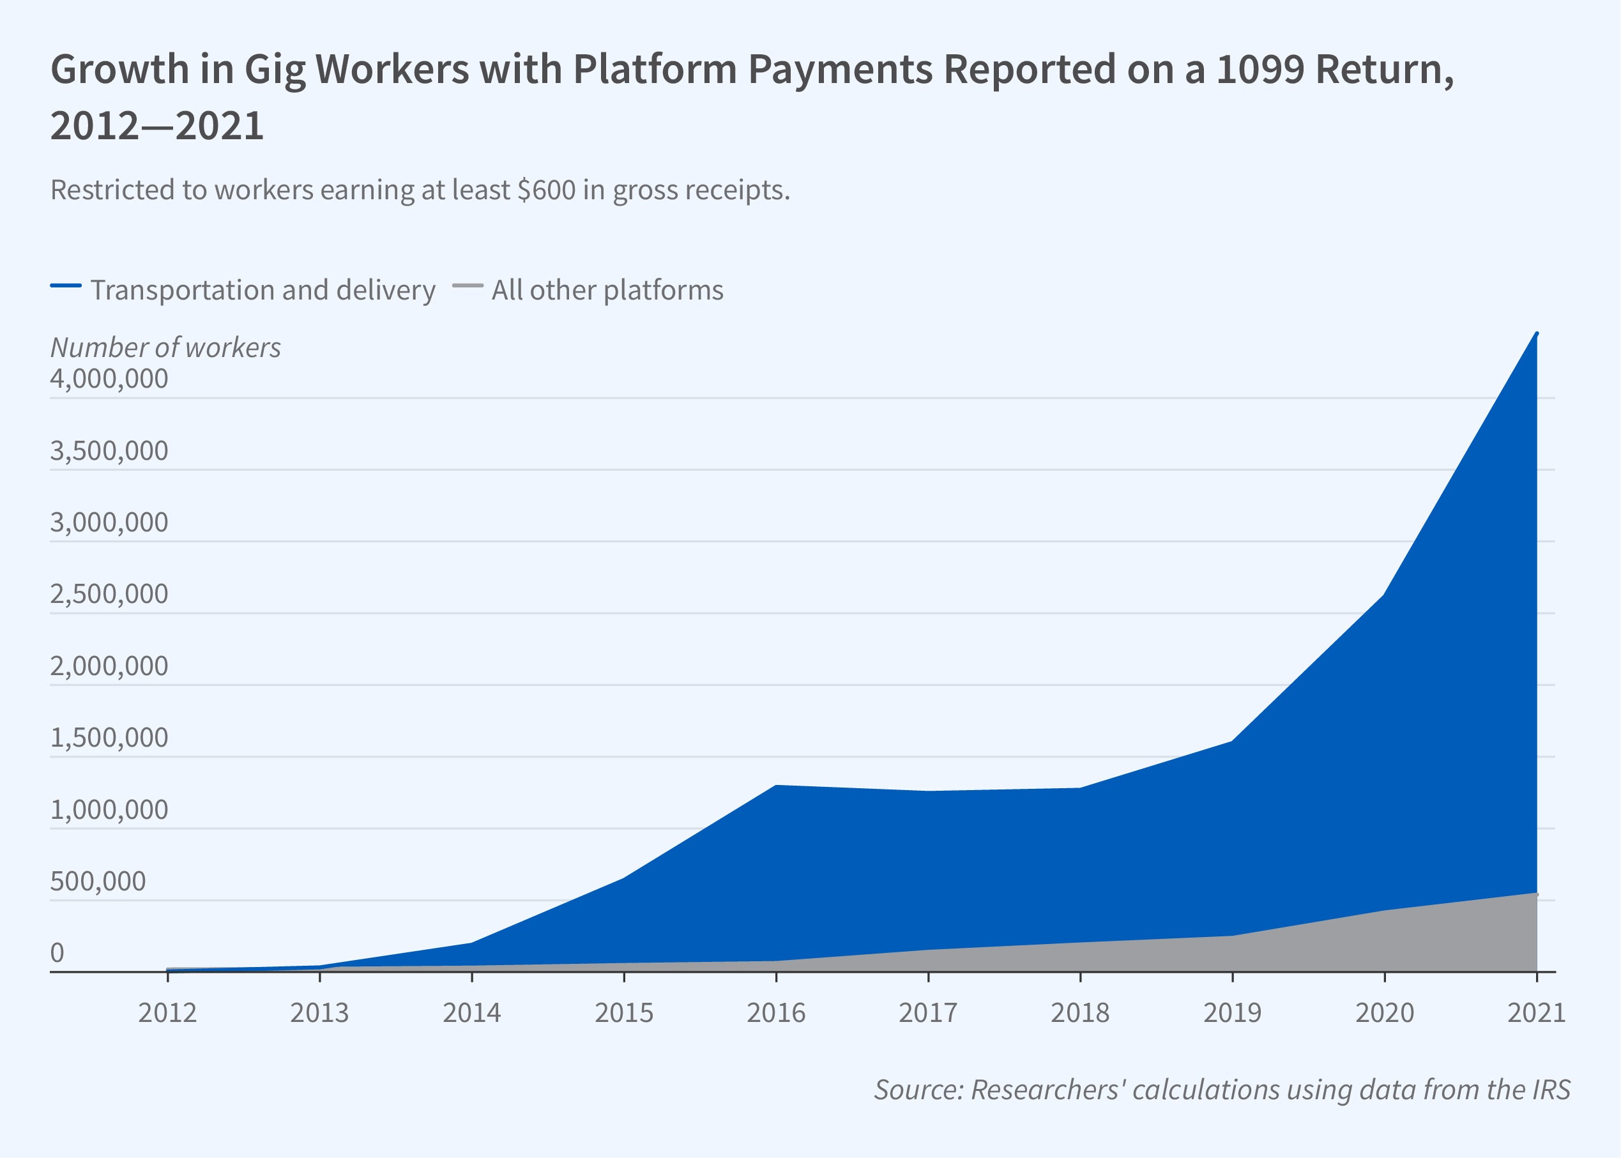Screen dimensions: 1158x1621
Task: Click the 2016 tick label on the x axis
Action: [x=775, y=1013]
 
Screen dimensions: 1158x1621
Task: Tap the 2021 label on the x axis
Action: [x=1536, y=1013]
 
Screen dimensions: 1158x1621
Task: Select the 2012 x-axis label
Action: [x=167, y=1013]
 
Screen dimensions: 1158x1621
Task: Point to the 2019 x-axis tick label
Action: [x=1233, y=1013]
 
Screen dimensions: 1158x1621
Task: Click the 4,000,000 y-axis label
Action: [x=109, y=379]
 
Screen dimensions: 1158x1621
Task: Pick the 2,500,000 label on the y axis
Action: [x=109, y=594]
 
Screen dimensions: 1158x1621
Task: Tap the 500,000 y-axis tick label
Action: [x=98, y=881]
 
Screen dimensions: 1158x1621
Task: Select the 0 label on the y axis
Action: [x=57, y=952]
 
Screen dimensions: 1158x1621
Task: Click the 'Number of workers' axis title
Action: [x=165, y=347]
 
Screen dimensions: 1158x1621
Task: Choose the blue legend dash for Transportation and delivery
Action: [x=66, y=286]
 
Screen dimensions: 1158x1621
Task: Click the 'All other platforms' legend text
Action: [x=607, y=290]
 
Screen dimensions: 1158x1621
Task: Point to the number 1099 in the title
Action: [x=1260, y=70]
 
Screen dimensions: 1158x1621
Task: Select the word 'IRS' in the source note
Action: [x=1548, y=1090]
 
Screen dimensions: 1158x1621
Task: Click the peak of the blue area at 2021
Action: [x=1537, y=333]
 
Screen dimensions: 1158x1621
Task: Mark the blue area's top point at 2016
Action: [x=775, y=786]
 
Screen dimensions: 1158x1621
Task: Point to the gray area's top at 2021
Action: [x=1537, y=894]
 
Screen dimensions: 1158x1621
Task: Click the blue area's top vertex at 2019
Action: [x=1233, y=742]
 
